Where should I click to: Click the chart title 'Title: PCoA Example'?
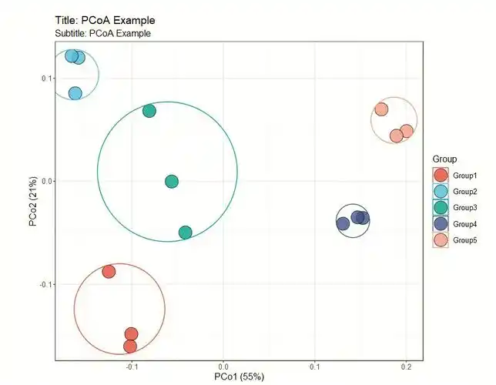point(110,18)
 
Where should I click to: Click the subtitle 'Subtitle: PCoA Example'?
point(103,33)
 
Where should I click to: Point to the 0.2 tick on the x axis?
point(406,366)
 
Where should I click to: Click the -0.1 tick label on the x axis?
point(131,366)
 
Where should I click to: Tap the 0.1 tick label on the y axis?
point(45,78)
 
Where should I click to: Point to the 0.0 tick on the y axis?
point(45,181)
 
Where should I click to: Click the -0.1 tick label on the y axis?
point(43,284)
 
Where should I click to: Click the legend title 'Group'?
point(446,159)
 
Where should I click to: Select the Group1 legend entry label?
point(465,176)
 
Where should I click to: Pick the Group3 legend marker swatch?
point(441,208)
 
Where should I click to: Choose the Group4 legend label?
point(465,224)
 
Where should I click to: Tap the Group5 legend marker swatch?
point(441,240)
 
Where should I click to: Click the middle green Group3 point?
point(172,182)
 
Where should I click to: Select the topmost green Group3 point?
point(149,111)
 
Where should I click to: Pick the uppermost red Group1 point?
point(109,271)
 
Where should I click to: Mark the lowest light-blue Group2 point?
point(75,93)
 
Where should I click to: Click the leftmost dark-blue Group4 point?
point(343,223)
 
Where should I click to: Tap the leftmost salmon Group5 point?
point(381,109)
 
